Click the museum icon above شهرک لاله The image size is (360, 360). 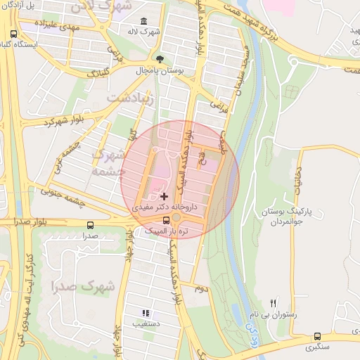tap(144, 21)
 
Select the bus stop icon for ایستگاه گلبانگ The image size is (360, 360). tap(14, 34)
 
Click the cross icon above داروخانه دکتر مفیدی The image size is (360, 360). tap(164, 196)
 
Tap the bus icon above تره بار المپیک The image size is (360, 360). tap(166, 219)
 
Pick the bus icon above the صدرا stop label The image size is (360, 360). tap(90, 225)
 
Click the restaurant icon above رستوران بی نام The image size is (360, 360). tap(274, 302)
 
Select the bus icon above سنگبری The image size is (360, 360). tap(318, 337)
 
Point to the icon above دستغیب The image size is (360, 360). tap(146, 313)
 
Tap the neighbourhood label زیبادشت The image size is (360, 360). tap(129, 99)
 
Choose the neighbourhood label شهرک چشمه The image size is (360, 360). tap(108, 162)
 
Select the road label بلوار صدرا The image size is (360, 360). tap(25, 221)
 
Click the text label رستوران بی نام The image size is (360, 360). tap(274, 315)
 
